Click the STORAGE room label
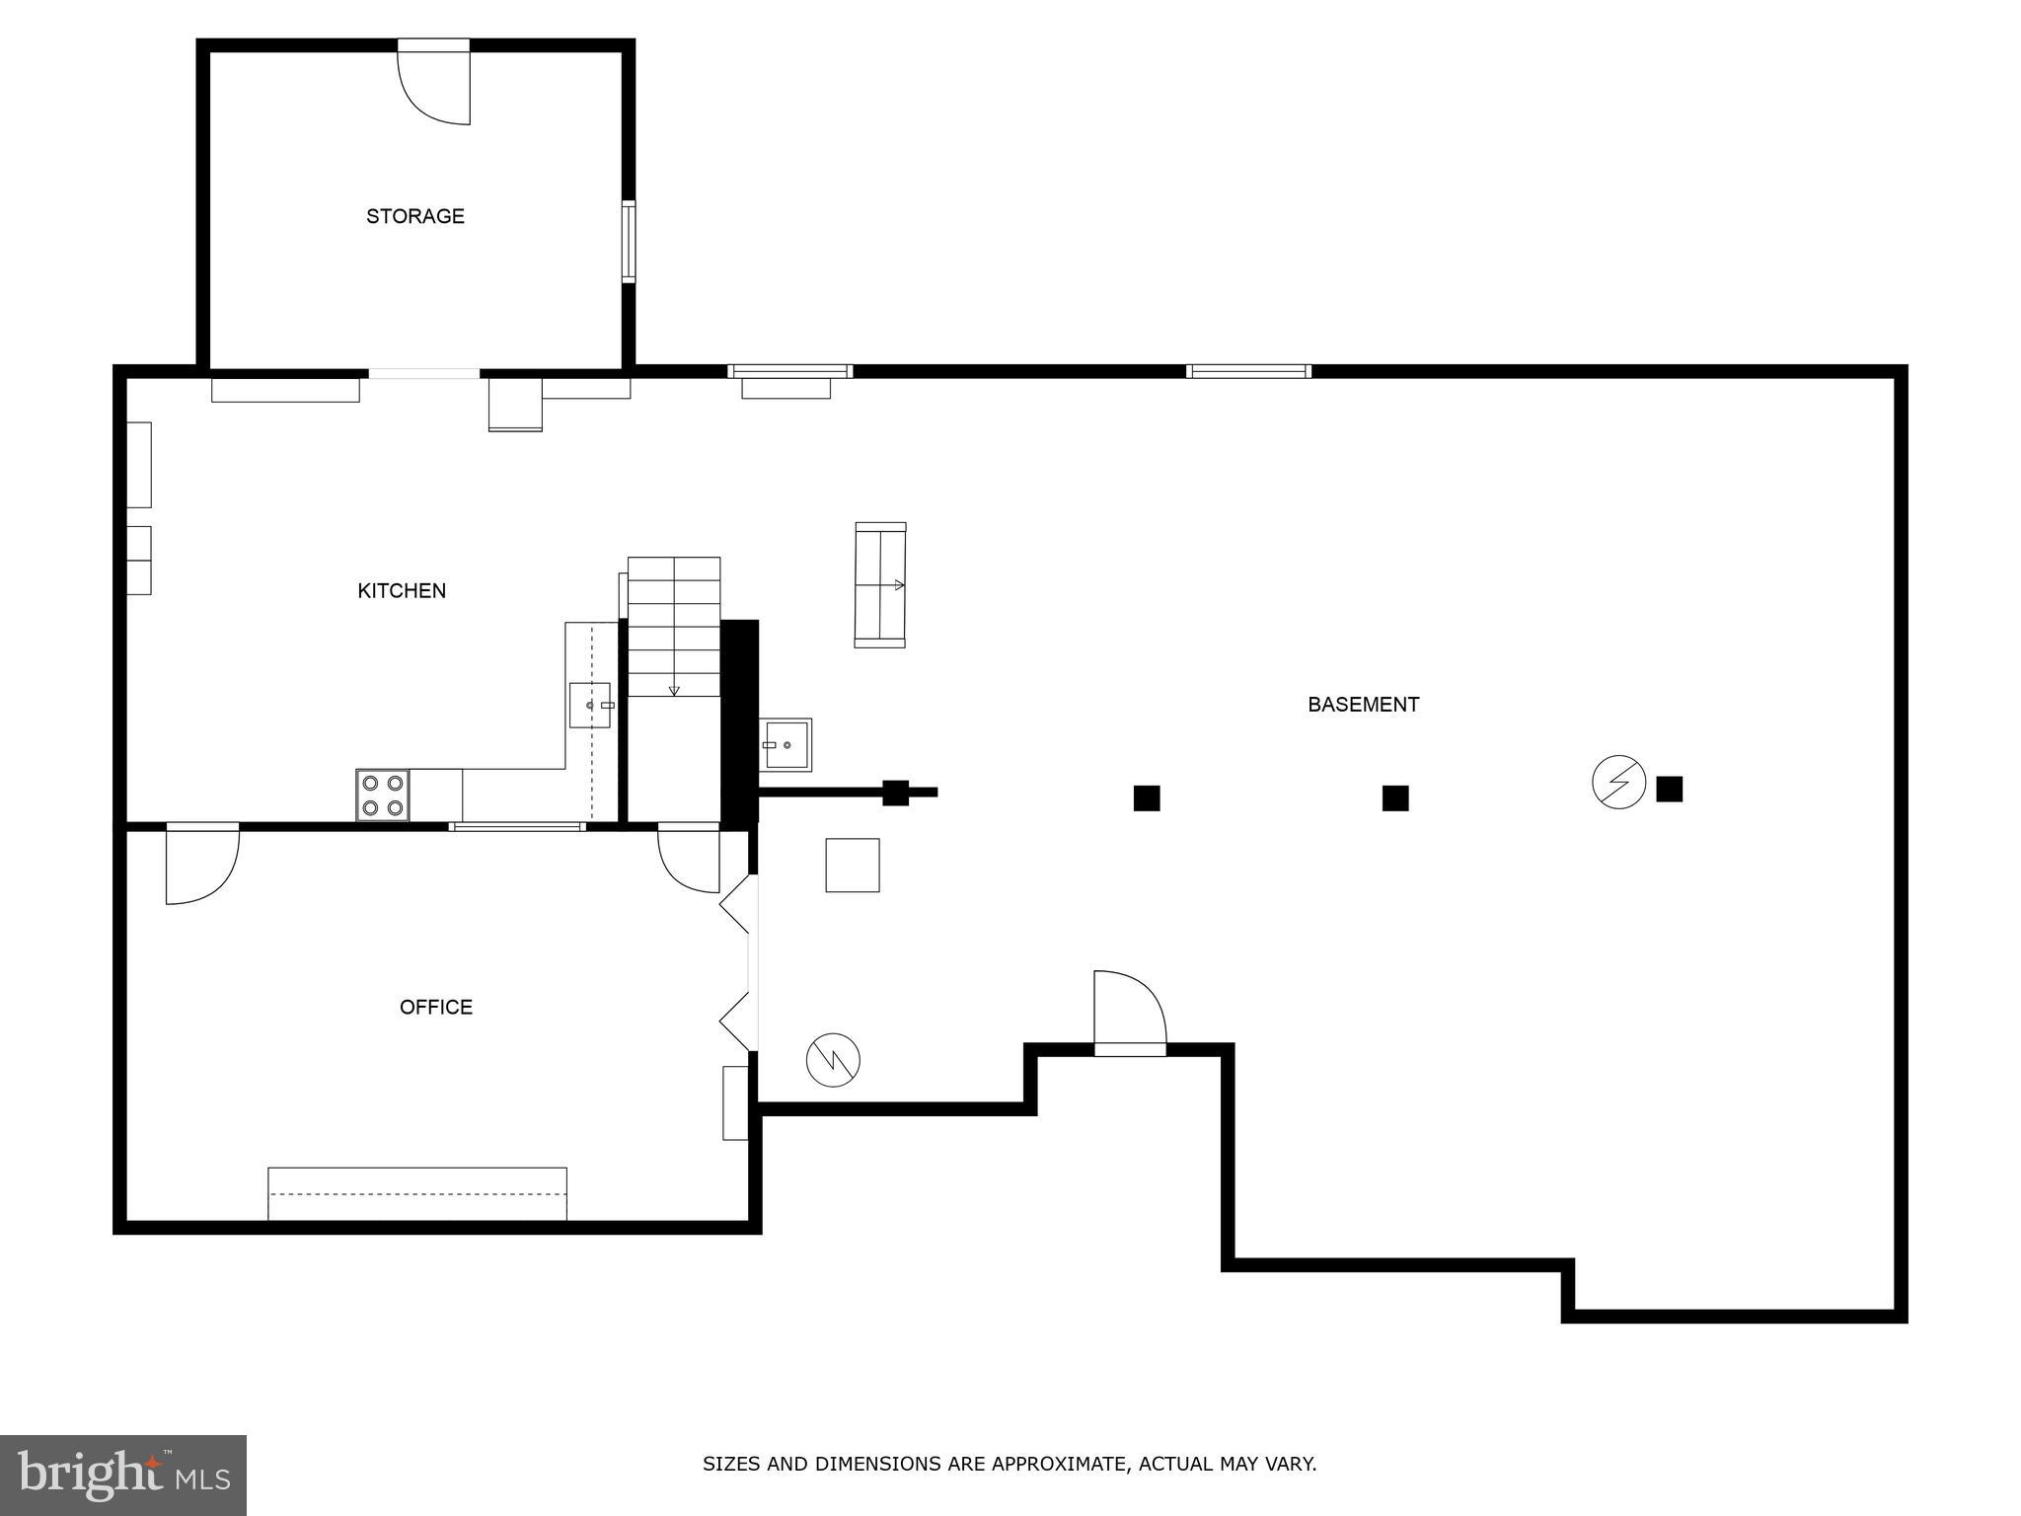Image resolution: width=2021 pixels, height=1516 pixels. pyautogui.click(x=415, y=216)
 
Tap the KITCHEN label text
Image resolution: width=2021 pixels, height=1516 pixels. pyautogui.click(x=402, y=590)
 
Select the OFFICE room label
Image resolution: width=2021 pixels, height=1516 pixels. pyautogui.click(x=436, y=1007)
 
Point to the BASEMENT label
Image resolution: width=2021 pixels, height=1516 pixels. pyautogui.click(x=1363, y=705)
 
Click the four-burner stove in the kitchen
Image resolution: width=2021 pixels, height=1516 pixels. pyautogui.click(x=383, y=796)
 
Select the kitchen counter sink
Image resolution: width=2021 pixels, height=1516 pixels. pyautogui.click(x=590, y=705)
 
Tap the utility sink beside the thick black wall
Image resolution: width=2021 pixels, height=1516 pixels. pyautogui.click(x=786, y=744)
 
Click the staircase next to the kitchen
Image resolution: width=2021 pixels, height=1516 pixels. pyautogui.click(x=674, y=627)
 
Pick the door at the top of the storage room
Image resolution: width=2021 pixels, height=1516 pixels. pyautogui.click(x=434, y=84)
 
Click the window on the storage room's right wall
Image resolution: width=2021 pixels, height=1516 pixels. pyautogui.click(x=628, y=242)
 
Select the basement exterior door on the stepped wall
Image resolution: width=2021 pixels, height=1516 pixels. pyautogui.click(x=1130, y=1012)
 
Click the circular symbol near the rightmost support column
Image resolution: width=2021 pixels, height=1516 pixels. pyautogui.click(x=1618, y=782)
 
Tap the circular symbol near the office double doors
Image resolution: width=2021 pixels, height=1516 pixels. pyautogui.click(x=833, y=1061)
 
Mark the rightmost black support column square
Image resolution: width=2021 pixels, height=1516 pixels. pyautogui.click(x=1669, y=789)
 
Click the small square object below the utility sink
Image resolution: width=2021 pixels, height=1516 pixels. pyautogui.click(x=853, y=866)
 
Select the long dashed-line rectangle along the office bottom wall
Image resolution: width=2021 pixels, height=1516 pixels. pyautogui.click(x=417, y=1193)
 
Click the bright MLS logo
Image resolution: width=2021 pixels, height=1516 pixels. pyautogui.click(x=122, y=1475)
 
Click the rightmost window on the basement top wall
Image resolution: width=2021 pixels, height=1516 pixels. pyautogui.click(x=1248, y=371)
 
